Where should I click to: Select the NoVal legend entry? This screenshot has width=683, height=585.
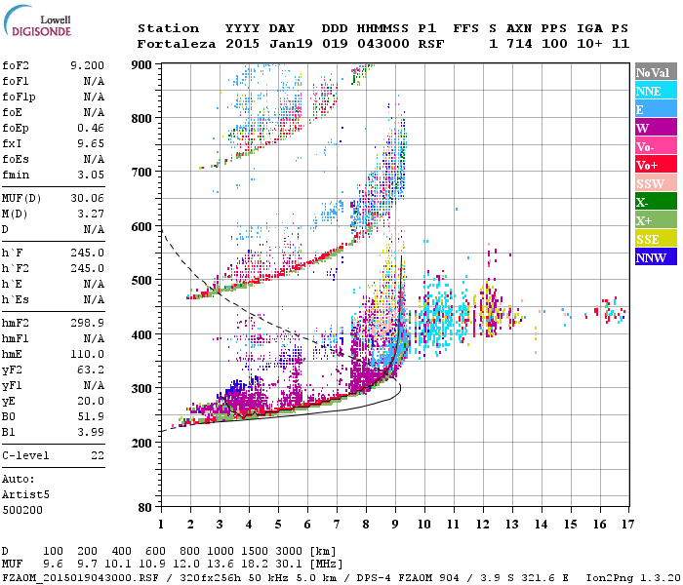[x=652, y=72]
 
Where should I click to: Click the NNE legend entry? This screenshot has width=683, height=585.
[x=649, y=91]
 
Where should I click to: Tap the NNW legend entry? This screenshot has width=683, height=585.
[x=651, y=257]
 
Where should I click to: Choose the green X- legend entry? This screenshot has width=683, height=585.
[x=644, y=202]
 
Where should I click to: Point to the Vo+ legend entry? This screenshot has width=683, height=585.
[x=647, y=165]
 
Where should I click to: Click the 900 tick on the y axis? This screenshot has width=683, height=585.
[x=143, y=64]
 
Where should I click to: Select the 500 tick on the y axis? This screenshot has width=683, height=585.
[x=143, y=281]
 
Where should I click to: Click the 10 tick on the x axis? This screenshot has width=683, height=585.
[x=423, y=524]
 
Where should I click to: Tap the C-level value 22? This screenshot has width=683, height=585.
[x=97, y=455]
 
